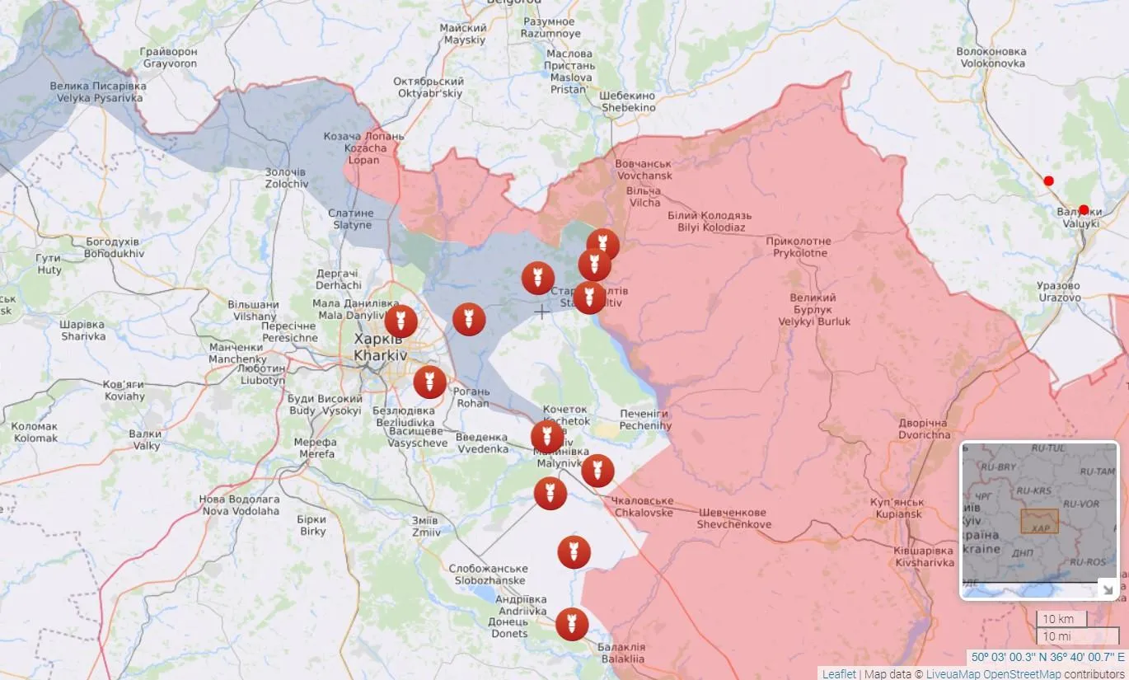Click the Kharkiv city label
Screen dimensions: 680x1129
(380, 347)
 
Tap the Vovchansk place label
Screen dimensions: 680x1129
(644, 170)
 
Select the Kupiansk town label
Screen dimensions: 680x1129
(897, 508)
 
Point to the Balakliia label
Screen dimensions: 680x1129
(621, 653)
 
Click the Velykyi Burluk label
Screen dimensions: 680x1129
(813, 310)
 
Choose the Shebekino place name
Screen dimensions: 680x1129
(628, 101)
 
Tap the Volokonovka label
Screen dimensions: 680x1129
(991, 57)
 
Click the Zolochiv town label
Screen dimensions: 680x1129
(287, 178)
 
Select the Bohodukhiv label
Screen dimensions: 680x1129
(115, 247)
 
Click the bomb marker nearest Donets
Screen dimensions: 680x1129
(572, 624)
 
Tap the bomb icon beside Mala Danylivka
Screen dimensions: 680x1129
(401, 321)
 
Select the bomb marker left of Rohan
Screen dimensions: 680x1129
(429, 382)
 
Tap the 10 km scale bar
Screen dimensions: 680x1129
(1061, 619)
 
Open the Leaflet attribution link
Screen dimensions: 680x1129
(839, 673)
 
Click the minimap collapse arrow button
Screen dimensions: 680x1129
(1108, 589)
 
